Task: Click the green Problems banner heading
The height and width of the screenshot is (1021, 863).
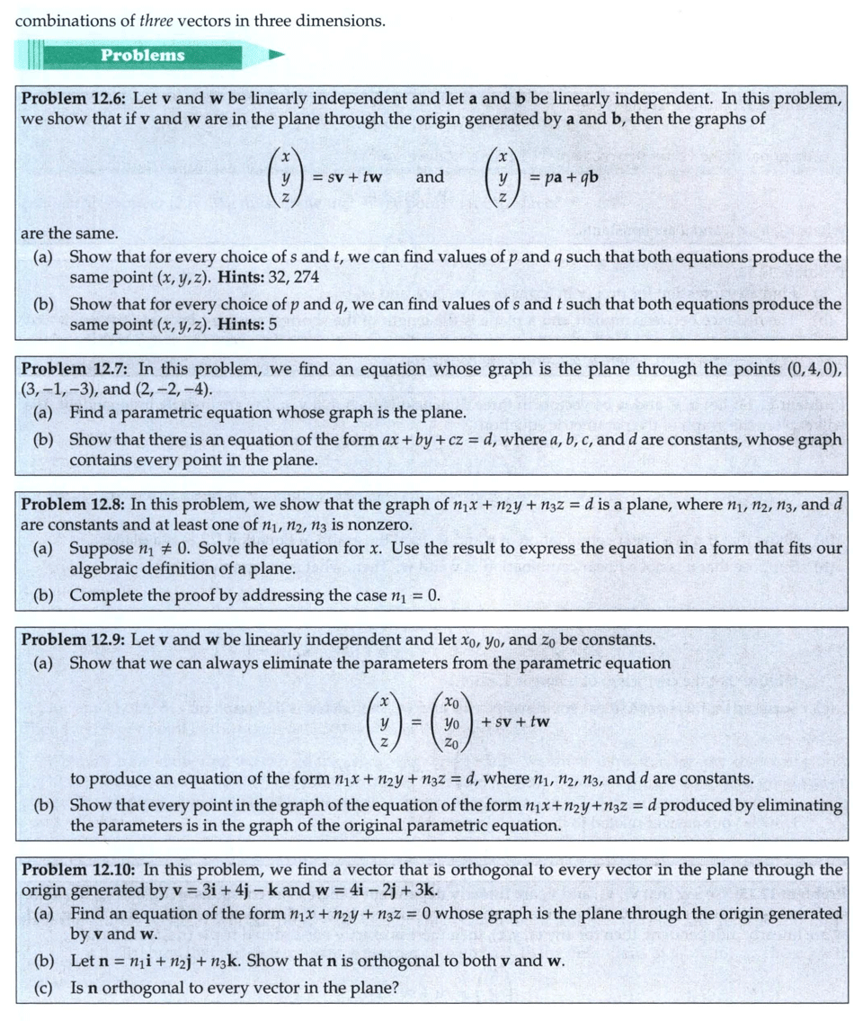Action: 142,55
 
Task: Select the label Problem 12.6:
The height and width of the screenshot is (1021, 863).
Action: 73,98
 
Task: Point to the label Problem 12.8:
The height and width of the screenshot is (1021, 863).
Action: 73,505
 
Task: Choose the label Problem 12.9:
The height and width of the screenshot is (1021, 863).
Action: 73,640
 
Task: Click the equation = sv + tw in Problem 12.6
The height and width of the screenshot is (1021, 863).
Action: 347,177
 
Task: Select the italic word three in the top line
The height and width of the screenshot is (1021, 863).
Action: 156,20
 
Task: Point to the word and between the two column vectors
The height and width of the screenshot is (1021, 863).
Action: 430,177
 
